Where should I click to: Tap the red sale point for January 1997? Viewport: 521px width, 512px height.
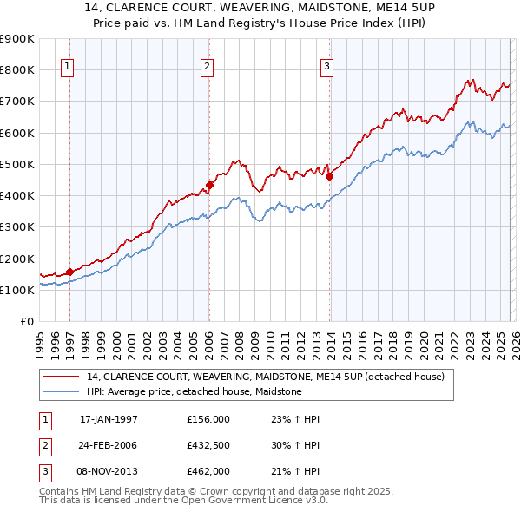[70, 272]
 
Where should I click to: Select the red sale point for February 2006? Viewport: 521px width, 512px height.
[209, 185]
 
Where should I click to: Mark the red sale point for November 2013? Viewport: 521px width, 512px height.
[329, 176]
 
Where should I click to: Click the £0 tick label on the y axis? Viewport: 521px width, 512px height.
[26, 322]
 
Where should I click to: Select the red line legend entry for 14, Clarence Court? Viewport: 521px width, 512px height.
[266, 377]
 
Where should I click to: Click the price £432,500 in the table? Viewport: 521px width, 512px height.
[208, 445]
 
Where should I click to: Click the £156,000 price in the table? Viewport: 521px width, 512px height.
[208, 419]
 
